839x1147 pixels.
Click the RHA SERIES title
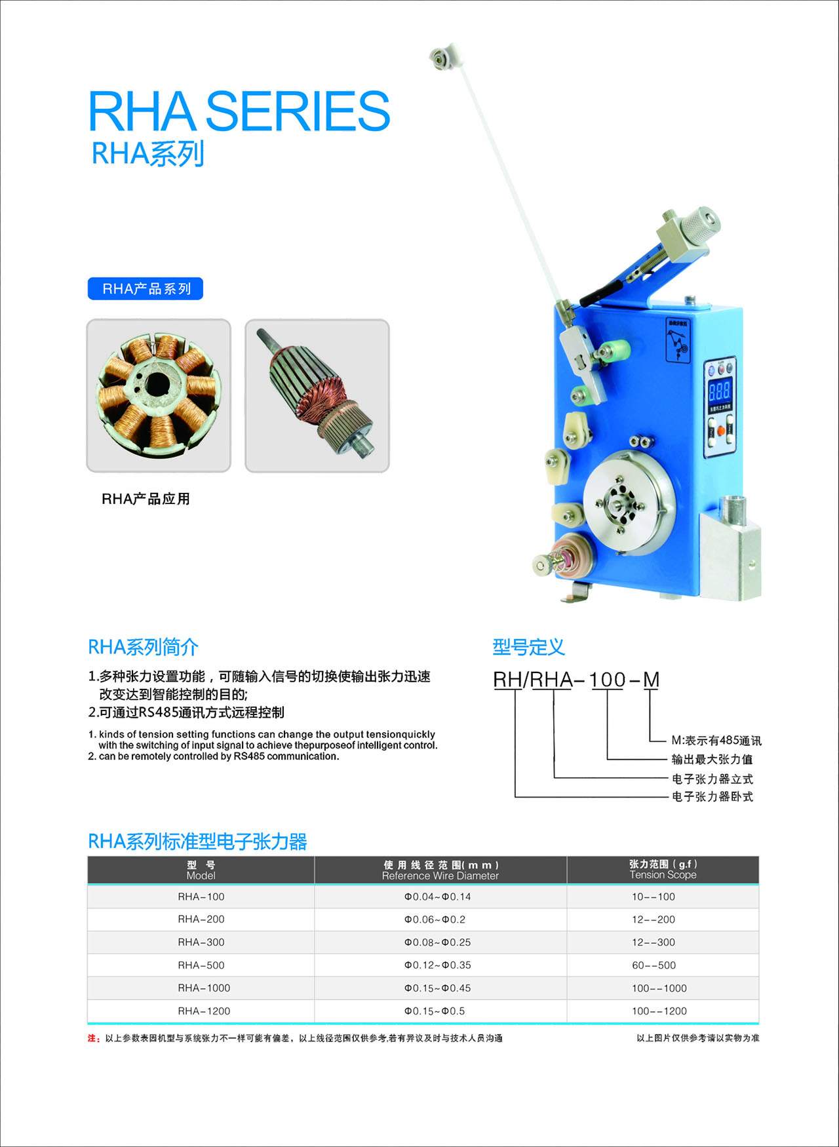point(239,111)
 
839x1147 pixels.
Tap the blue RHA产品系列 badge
point(146,289)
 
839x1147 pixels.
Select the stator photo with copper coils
point(159,395)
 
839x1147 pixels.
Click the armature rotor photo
point(317,395)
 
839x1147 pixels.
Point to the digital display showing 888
point(719,391)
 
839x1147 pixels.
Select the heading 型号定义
point(528,648)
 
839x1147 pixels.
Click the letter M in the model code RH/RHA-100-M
point(651,680)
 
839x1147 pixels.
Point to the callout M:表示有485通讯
point(716,741)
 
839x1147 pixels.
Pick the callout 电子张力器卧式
point(712,797)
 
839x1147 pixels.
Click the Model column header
point(201,870)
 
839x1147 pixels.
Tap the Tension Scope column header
point(663,870)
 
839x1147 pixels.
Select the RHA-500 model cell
point(201,965)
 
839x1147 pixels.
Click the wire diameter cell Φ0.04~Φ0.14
point(437,897)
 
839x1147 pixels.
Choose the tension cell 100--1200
point(659,1011)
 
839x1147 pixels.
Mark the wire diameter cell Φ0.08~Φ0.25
point(437,943)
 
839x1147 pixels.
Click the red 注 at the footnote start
point(92,1038)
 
